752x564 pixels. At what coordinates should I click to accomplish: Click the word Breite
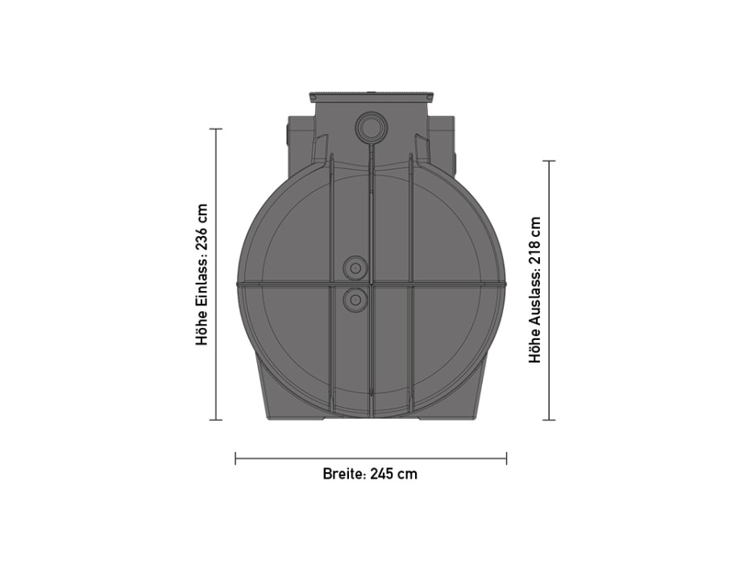(x=343, y=474)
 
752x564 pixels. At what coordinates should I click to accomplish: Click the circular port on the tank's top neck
(x=370, y=127)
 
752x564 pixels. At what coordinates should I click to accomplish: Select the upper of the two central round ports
(x=353, y=267)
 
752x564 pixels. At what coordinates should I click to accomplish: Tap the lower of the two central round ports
(x=353, y=300)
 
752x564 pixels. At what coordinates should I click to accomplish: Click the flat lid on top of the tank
(x=370, y=97)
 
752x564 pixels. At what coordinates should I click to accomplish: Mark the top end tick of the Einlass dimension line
(x=215, y=129)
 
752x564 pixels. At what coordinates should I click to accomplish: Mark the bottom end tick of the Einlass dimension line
(x=215, y=420)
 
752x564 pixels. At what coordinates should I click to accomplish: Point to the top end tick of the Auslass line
(x=550, y=161)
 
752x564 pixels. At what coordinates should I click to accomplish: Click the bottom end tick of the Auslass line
(x=550, y=420)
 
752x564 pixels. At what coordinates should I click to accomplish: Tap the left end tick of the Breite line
(x=235, y=458)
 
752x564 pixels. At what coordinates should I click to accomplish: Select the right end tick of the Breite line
(x=506, y=458)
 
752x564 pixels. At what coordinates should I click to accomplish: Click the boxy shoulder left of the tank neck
(x=299, y=145)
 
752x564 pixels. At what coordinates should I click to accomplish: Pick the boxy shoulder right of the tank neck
(x=441, y=145)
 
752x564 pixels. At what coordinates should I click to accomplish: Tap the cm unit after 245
(x=409, y=474)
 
